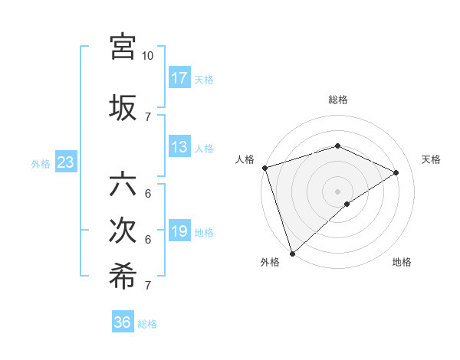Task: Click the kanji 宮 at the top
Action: click(123, 47)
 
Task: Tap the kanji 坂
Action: click(123, 107)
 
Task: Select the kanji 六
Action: click(123, 185)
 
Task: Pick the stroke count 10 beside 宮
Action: click(147, 56)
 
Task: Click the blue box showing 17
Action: click(179, 78)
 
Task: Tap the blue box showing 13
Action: click(179, 147)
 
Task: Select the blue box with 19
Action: click(179, 231)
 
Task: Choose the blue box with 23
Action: click(65, 162)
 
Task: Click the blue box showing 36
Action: click(122, 322)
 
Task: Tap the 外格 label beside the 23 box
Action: click(41, 163)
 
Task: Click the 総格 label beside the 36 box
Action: click(147, 323)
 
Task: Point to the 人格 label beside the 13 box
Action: click(204, 148)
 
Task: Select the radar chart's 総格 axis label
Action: click(337, 100)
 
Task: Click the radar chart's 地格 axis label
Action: click(402, 262)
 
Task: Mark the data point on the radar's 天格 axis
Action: click(396, 172)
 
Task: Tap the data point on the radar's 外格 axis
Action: click(292, 253)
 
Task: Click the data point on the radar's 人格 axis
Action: click(264, 168)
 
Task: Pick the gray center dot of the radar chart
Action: click(337, 191)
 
